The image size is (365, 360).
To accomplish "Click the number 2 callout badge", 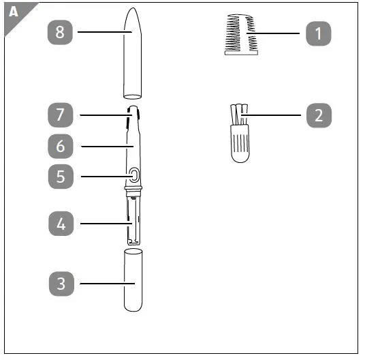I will coord(318,115).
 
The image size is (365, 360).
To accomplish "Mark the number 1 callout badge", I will coord(318,33).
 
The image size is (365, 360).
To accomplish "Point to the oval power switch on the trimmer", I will coord(133,176).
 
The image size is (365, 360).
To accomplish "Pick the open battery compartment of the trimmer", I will coord(133,218).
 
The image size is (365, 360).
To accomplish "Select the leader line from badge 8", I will coord(102,32).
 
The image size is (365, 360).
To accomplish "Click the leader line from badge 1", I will coord(279,33).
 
